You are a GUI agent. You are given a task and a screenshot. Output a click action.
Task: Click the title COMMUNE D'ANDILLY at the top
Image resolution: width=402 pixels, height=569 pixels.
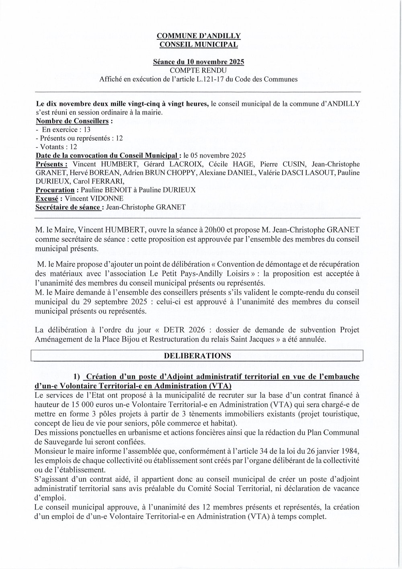[x=199, y=37]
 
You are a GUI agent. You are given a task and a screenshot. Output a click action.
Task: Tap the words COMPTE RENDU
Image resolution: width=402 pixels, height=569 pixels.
[x=199, y=71]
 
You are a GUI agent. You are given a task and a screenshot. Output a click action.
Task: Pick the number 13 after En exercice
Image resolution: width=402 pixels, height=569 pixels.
[x=86, y=129]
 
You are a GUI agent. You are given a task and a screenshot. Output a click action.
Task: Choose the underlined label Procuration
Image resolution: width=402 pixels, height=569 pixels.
[x=55, y=190]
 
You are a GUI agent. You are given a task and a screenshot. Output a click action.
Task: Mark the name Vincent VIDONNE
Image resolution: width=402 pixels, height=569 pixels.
[x=94, y=198]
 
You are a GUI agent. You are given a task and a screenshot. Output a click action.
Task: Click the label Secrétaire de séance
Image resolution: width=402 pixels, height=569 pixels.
[x=68, y=207]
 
